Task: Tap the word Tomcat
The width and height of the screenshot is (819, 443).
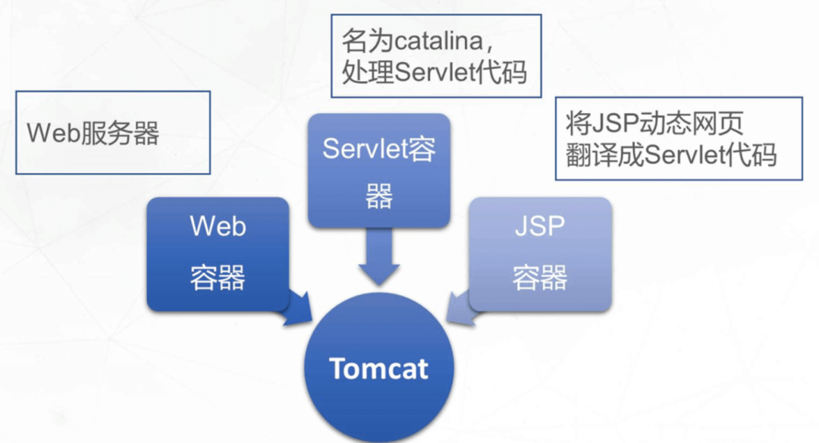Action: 378,369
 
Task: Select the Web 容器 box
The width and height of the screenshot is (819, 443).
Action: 218,253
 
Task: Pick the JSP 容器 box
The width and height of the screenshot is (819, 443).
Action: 540,253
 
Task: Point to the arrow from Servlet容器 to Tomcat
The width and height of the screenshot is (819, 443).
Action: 378,258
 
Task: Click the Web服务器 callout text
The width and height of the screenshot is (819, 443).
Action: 93,134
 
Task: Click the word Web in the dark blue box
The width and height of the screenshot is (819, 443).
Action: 218,227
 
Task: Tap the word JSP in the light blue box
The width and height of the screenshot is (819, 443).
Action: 540,227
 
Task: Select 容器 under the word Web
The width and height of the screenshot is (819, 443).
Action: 218,278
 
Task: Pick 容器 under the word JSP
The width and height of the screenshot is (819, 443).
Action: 540,278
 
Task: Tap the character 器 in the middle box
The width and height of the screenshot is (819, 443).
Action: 378,197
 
